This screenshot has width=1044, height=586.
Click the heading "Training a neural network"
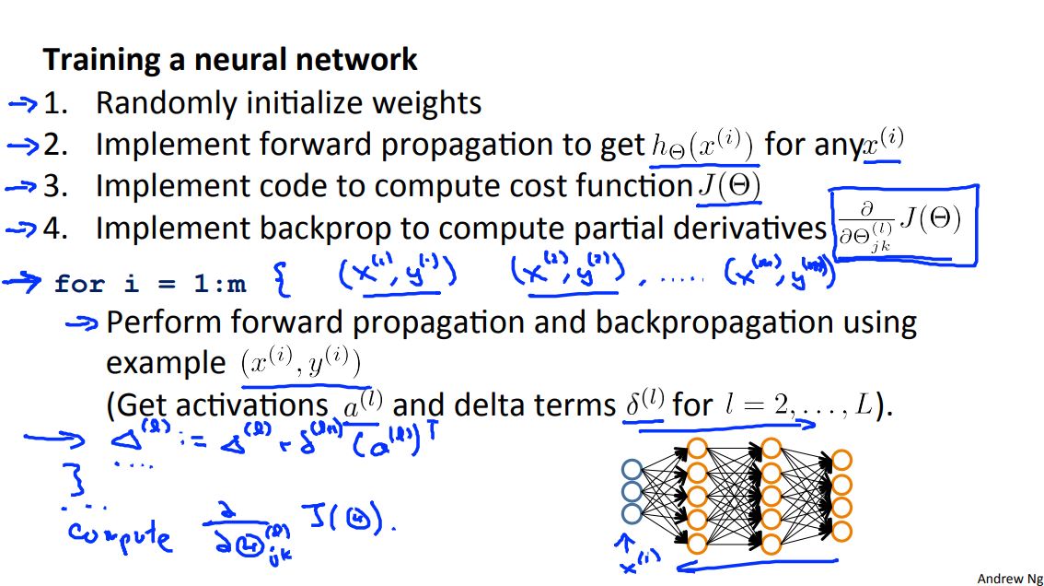coord(230,60)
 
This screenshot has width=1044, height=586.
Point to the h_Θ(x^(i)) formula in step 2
coord(702,146)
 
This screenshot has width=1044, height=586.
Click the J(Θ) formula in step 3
coord(728,186)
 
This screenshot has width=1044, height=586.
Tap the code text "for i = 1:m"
coord(150,283)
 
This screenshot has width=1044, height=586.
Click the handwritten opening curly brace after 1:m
coord(282,281)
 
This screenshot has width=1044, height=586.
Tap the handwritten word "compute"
coord(120,535)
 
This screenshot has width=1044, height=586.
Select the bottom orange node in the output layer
coord(840,532)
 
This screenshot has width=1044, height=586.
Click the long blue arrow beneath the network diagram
coord(757,563)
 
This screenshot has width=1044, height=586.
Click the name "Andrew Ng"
coord(1010,578)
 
